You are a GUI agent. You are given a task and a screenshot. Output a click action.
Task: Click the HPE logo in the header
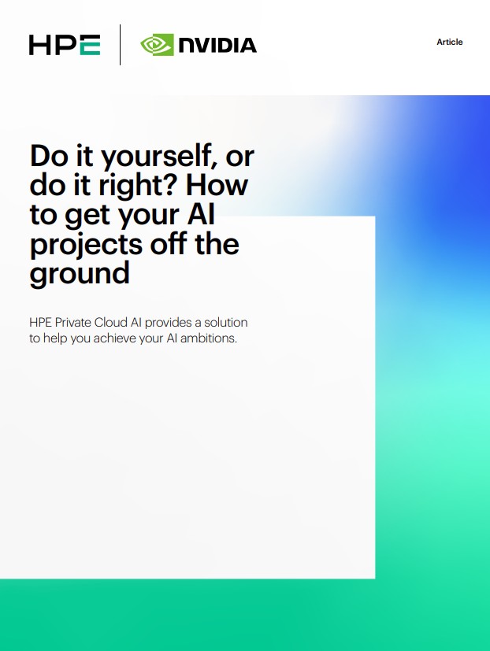point(64,45)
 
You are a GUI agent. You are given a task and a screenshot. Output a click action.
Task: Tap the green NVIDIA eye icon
point(157,45)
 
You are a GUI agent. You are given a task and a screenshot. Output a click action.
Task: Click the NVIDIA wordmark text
point(217,46)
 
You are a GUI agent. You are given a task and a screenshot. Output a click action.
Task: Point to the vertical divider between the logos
point(120,45)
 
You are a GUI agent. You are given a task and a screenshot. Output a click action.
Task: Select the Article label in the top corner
point(450,42)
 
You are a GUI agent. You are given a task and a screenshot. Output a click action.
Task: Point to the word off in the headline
point(161,244)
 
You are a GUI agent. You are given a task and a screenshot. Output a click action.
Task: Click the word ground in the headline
point(80,274)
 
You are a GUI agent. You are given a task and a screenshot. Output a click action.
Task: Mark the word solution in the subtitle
point(225,324)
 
